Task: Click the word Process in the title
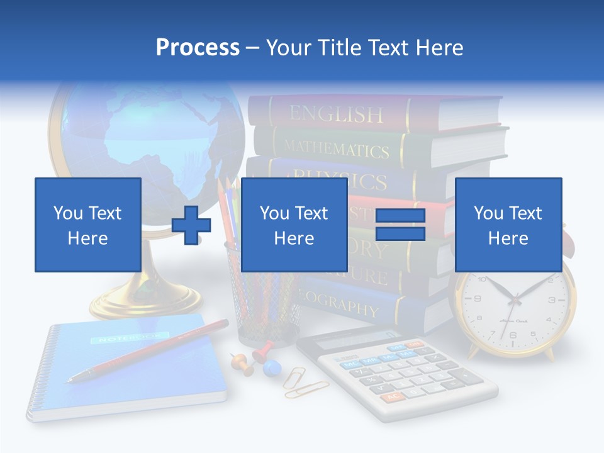pyautogui.click(x=198, y=47)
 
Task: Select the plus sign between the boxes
pyautogui.click(x=191, y=225)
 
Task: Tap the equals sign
pyautogui.click(x=400, y=225)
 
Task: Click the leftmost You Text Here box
pyautogui.click(x=87, y=225)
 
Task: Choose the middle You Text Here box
pyautogui.click(x=294, y=225)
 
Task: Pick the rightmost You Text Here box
pyautogui.click(x=508, y=225)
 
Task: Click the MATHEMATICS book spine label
pyautogui.click(x=336, y=148)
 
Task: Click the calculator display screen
pyautogui.click(x=349, y=340)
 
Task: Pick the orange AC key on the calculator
pyautogui.click(x=392, y=397)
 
